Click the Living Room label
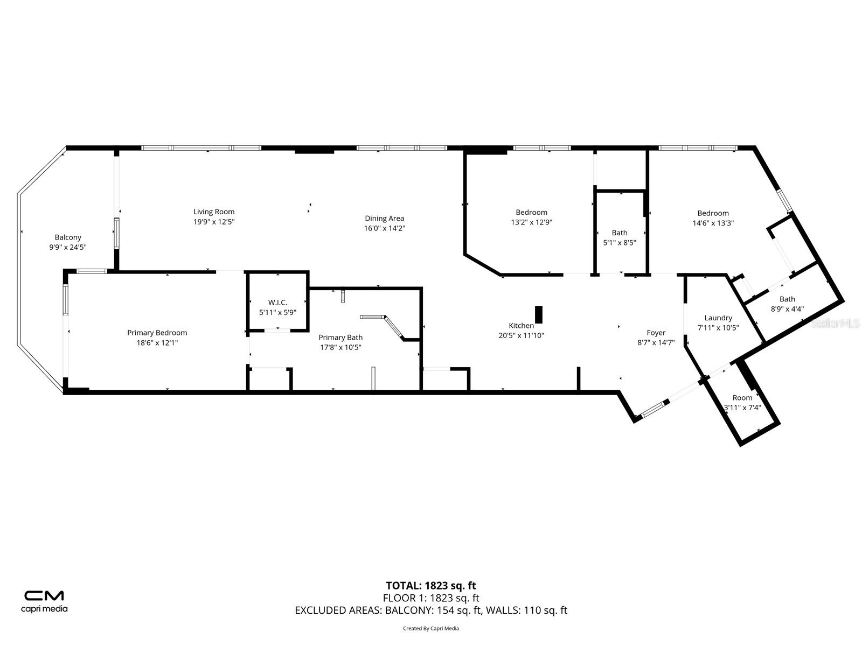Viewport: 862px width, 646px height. point(214,212)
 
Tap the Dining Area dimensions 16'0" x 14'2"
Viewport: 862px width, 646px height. point(384,228)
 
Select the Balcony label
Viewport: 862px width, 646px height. point(68,237)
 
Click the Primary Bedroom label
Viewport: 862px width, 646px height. point(157,333)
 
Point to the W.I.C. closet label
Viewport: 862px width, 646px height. point(277,303)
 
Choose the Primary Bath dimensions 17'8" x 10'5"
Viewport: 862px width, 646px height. point(340,347)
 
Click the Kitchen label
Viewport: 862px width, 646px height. point(521,326)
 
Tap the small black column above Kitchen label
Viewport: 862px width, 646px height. point(538,314)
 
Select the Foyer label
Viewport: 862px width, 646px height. point(656,333)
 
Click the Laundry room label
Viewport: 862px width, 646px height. point(718,318)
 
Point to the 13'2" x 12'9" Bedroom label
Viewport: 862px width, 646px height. point(531,213)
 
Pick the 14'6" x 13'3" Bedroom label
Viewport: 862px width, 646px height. point(713,213)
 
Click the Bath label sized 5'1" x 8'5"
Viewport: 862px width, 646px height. point(619,233)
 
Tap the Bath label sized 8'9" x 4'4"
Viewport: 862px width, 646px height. point(787,299)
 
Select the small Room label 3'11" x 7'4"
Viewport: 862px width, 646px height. point(742,398)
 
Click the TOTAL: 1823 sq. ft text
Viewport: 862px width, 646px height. point(430,586)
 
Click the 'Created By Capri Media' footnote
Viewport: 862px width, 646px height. point(430,628)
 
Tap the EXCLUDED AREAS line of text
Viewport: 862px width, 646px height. point(430,610)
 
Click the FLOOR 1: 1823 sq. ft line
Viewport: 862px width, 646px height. point(430,598)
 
